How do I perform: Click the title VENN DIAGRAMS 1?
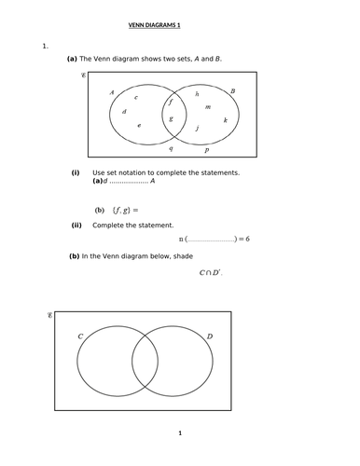180,25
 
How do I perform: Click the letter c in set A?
136,96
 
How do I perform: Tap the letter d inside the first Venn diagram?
125,112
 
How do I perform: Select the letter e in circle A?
139,125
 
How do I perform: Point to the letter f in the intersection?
170,101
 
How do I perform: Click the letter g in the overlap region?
170,118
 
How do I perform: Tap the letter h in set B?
197,94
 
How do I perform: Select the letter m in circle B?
207,106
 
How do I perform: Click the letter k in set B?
225,119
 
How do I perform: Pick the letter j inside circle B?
197,128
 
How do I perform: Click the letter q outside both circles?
170,147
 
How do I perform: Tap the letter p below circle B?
206,149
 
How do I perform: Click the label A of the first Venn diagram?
111,92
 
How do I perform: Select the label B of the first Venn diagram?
232,91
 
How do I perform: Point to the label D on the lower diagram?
209,336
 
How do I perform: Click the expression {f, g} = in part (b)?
124,210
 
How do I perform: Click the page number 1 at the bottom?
180,433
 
